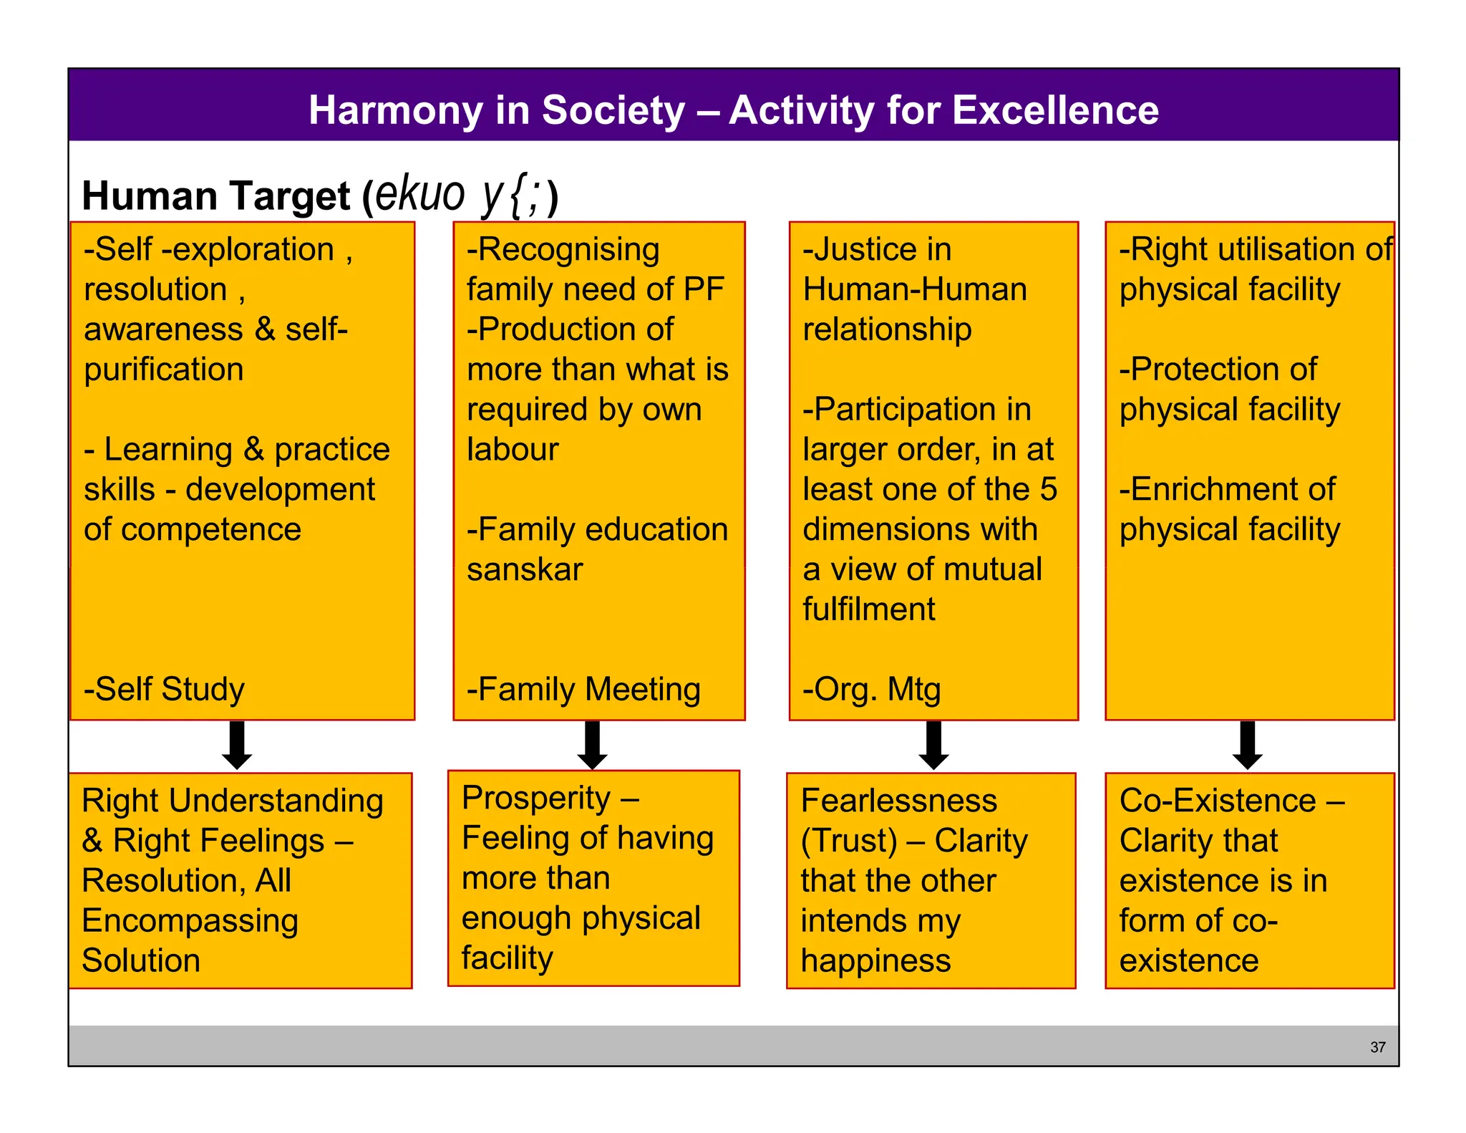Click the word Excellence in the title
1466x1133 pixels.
pyautogui.click(x=1055, y=110)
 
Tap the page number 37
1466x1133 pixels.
pyautogui.click(x=1377, y=1047)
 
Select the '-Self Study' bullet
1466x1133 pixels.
pyautogui.click(x=164, y=689)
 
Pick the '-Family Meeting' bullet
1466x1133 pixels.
pyautogui.click(x=583, y=689)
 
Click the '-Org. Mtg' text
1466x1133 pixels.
pyautogui.click(x=871, y=689)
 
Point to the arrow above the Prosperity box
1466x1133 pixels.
pyautogui.click(x=593, y=745)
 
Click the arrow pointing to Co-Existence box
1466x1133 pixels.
pyautogui.click(x=1247, y=745)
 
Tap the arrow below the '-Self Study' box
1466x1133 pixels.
pyautogui.click(x=237, y=745)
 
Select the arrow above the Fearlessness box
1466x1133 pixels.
pyautogui.click(x=933, y=745)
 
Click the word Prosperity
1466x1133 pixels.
pyautogui.click(x=536, y=798)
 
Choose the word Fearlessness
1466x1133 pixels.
pyautogui.click(x=898, y=801)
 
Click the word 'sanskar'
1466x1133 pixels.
pyautogui.click(x=525, y=569)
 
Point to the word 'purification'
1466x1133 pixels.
pyautogui.click(x=164, y=370)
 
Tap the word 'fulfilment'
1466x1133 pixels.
pyautogui.click(x=868, y=609)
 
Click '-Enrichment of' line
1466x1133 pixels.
pyautogui.click(x=1227, y=489)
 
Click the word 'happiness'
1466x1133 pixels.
pyautogui.click(x=875, y=960)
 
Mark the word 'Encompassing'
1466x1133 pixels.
pyautogui.click(x=190, y=921)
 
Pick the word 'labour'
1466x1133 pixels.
pyautogui.click(x=513, y=450)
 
